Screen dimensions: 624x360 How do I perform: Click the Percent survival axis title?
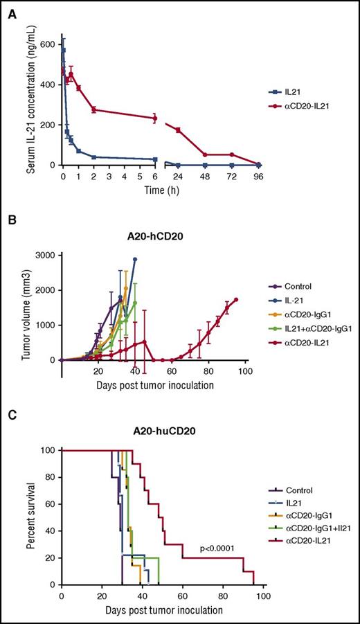coord(31,517)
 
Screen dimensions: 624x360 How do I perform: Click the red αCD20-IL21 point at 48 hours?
coord(205,154)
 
